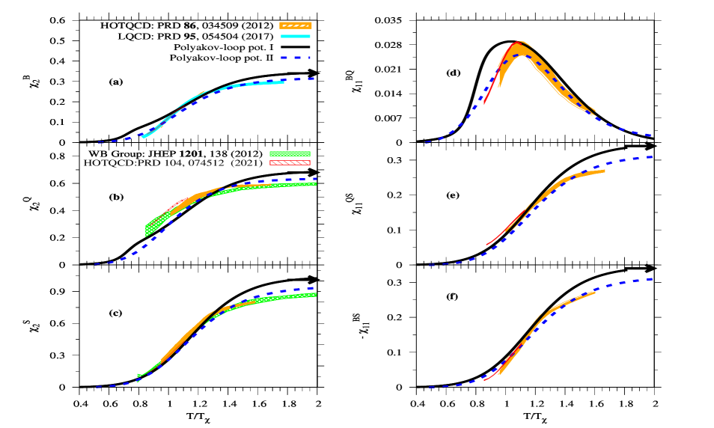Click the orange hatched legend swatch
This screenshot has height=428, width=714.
tap(296, 25)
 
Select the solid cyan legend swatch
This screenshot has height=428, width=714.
tap(296, 36)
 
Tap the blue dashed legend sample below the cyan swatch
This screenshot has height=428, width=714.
tap(296, 58)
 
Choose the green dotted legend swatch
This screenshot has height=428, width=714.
tap(290, 153)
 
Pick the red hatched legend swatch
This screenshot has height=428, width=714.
tap(290, 162)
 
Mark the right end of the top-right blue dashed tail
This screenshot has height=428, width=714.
tap(651, 135)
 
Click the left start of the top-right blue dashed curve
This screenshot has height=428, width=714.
tap(427, 141)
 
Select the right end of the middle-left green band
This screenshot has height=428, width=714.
tap(315, 183)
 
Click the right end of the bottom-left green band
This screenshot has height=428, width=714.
tap(315, 295)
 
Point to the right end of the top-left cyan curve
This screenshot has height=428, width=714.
tap(284, 82)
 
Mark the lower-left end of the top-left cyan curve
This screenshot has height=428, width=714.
tap(143, 137)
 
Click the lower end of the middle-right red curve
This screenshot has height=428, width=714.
tap(487, 244)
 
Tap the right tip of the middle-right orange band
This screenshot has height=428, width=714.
tap(604, 171)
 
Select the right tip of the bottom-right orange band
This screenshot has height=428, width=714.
tap(595, 292)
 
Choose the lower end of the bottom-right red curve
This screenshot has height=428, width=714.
tap(485, 380)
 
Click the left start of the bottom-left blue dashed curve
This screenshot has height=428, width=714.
tap(97, 387)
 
